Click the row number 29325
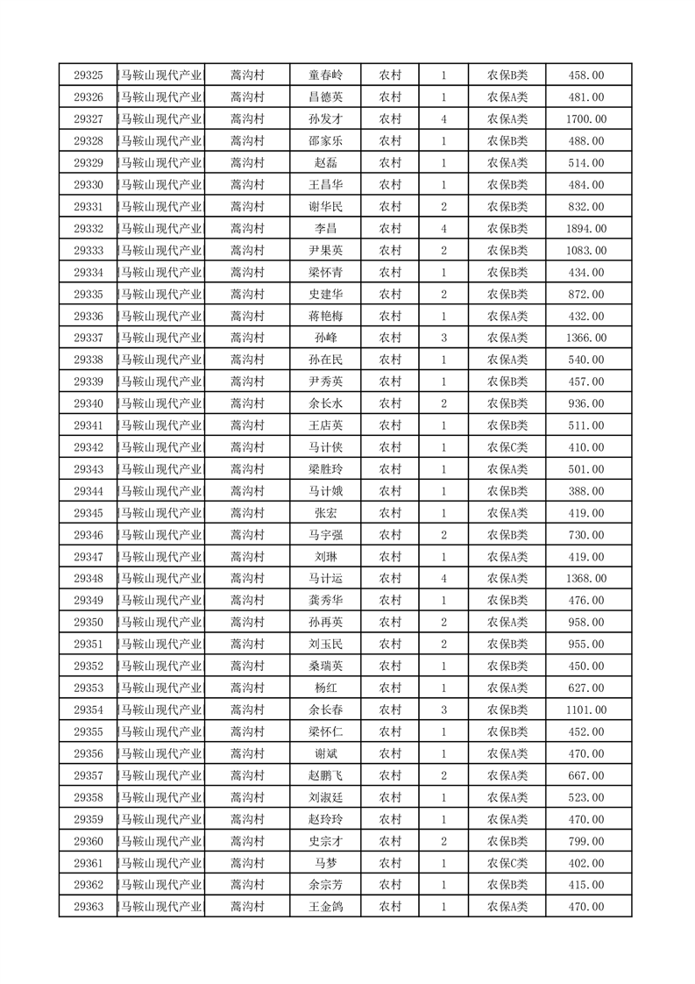[x=89, y=75]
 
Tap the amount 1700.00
[x=585, y=119]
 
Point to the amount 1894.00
[x=585, y=229]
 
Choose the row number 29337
[x=89, y=338]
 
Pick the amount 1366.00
[x=585, y=338]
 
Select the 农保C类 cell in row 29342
[x=507, y=447]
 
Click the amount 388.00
[x=585, y=491]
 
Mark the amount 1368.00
[x=585, y=578]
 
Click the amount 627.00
[x=585, y=688]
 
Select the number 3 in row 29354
[x=444, y=709]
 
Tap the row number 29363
[x=89, y=906]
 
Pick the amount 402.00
[x=585, y=862]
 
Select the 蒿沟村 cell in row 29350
[x=246, y=622]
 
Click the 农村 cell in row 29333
[x=390, y=251]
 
